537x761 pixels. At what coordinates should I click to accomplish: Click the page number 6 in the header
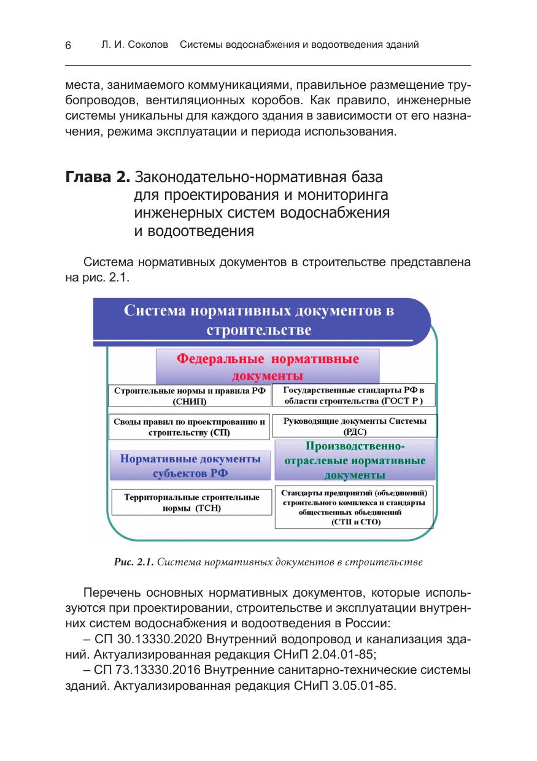pyautogui.click(x=68, y=46)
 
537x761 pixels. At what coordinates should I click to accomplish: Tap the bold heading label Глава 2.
pyautogui.click(x=97, y=178)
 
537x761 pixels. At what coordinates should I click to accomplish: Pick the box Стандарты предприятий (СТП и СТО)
pyautogui.click(x=355, y=507)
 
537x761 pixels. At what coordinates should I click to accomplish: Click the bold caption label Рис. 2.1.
pyautogui.click(x=134, y=561)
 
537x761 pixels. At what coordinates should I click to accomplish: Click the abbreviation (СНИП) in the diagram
pyautogui.click(x=190, y=402)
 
